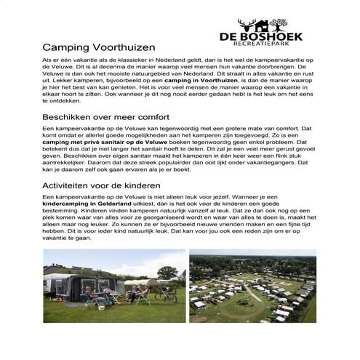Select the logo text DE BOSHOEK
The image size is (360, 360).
click(x=260, y=34)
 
